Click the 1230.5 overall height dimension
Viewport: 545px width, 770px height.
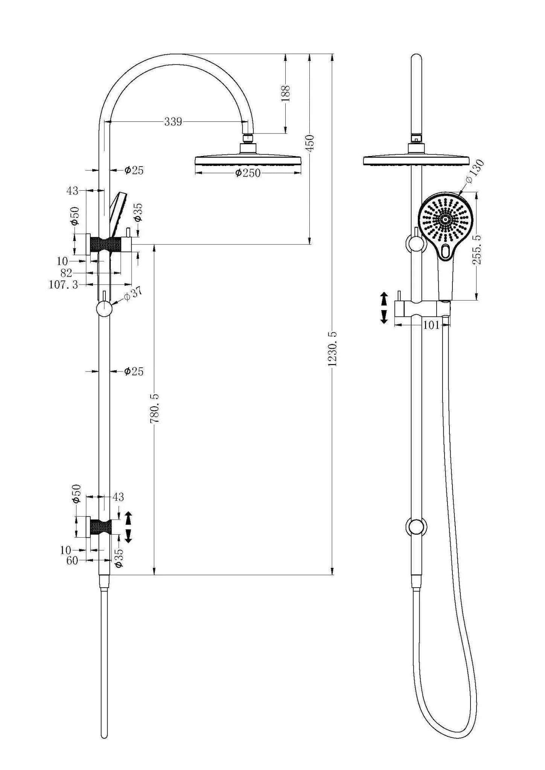pyautogui.click(x=332, y=348)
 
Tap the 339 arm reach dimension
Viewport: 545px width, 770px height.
pyautogui.click(x=173, y=122)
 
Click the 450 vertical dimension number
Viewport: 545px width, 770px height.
pyautogui.click(x=310, y=143)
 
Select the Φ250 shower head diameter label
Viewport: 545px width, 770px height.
pyautogui.click(x=247, y=173)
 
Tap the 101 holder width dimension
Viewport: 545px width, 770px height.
pyautogui.click(x=431, y=325)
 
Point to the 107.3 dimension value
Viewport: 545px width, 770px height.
pyautogui.click(x=63, y=285)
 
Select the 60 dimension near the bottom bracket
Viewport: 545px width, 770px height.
pyautogui.click(x=72, y=561)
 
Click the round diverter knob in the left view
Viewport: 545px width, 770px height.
pyautogui.click(x=104, y=309)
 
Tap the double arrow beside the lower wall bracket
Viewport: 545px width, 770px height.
pyautogui.click(x=128, y=527)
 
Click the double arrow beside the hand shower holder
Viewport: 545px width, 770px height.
pyautogui.click(x=384, y=308)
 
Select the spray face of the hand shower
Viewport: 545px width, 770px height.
pyautogui.click(x=445, y=219)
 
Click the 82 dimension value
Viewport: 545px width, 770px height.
pyautogui.click(x=66, y=273)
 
